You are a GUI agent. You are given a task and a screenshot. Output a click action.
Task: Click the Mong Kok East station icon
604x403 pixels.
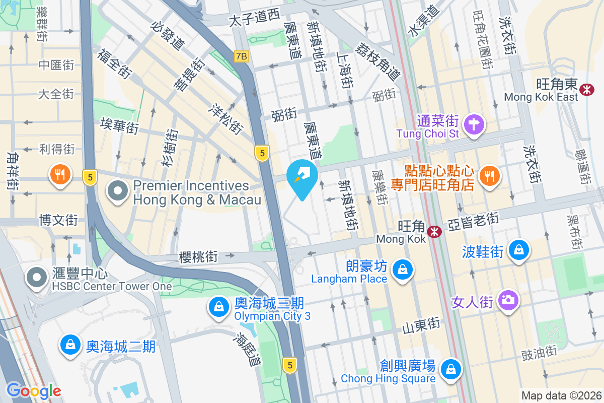[x=586, y=89]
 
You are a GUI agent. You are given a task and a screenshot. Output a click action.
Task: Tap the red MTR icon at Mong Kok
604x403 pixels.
[x=432, y=231]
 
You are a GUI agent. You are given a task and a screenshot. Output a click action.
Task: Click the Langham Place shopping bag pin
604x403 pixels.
[x=403, y=270]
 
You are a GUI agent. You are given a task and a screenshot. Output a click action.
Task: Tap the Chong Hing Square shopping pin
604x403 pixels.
[x=451, y=370]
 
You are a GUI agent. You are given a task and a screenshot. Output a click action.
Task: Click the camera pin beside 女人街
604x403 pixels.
[x=508, y=301]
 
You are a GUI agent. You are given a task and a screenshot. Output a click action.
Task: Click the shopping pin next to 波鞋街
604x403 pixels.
[x=518, y=249]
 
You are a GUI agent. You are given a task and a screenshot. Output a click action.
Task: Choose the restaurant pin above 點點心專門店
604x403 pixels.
[x=488, y=175]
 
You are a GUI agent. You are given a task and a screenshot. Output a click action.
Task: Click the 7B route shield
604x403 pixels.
[x=241, y=56]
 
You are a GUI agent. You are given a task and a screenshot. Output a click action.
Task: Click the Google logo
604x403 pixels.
[x=34, y=391]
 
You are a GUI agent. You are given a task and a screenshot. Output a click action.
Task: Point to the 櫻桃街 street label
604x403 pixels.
[x=198, y=257]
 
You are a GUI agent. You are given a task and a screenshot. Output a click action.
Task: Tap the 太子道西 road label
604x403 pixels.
[x=254, y=19]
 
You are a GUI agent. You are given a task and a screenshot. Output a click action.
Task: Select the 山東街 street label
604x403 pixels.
[x=421, y=327]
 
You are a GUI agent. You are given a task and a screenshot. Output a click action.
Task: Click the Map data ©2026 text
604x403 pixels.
[x=561, y=395]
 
